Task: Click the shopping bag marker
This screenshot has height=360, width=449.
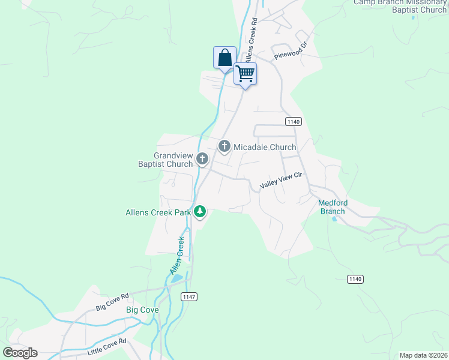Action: pyautogui.click(x=224, y=58)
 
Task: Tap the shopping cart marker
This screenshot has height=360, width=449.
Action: pyautogui.click(x=245, y=74)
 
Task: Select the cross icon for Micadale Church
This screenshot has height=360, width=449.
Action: pyautogui.click(x=224, y=146)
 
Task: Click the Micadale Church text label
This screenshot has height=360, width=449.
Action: pyautogui.click(x=265, y=147)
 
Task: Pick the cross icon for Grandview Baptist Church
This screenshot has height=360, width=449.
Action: pyautogui.click(x=202, y=159)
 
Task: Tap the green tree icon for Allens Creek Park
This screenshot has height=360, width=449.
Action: pyautogui.click(x=200, y=212)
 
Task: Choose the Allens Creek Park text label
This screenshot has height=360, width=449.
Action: pyautogui.click(x=158, y=212)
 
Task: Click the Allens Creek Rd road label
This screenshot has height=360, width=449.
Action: pyautogui.click(x=250, y=38)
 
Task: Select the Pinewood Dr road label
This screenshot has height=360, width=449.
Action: pyautogui.click(x=291, y=50)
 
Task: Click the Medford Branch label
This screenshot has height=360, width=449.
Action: pyautogui.click(x=333, y=207)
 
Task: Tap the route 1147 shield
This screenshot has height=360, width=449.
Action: pyautogui.click(x=188, y=296)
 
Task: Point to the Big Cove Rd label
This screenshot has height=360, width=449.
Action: pyautogui.click(x=112, y=302)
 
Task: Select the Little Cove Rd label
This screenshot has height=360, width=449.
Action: pyautogui.click(x=106, y=347)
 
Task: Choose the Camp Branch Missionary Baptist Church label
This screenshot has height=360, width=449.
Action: pyautogui.click(x=400, y=5)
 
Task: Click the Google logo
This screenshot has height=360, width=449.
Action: pyautogui.click(x=20, y=353)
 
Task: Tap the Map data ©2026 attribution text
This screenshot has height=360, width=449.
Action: pyautogui.click(x=423, y=355)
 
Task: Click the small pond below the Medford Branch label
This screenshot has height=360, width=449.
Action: pyautogui.click(x=334, y=218)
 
